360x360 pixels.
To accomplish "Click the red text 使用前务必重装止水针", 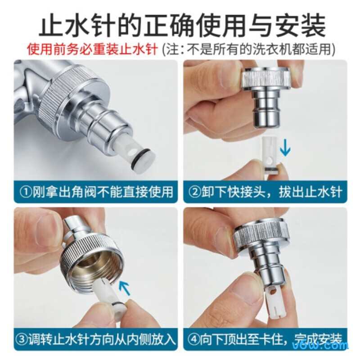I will point(92,49).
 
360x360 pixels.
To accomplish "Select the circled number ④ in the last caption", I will point(195,339).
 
